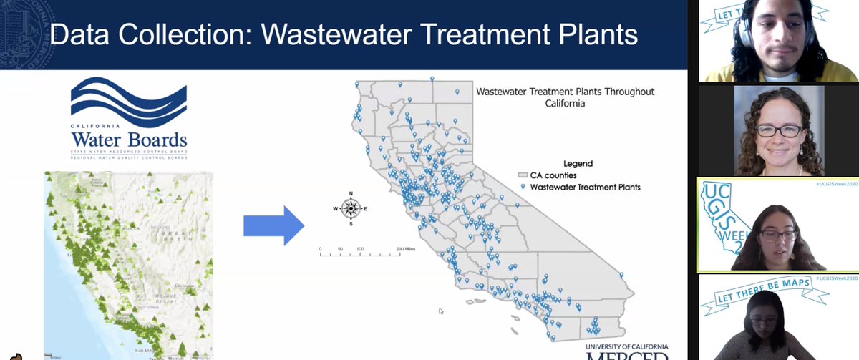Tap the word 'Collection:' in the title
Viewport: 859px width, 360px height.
(189, 34)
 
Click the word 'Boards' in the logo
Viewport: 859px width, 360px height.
(155, 139)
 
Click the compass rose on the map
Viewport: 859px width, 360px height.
(351, 208)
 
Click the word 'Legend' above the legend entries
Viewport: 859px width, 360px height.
(578, 164)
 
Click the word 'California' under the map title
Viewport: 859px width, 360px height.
(565, 104)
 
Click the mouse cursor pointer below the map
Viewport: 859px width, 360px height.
(441, 311)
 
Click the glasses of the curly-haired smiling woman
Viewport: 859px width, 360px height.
(779, 131)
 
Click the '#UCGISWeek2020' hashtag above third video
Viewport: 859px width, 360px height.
(835, 184)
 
